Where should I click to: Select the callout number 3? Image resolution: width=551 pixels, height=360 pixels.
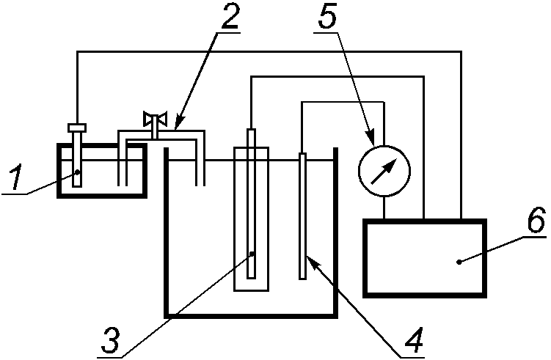[110, 340]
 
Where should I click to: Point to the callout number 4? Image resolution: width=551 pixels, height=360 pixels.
[414, 340]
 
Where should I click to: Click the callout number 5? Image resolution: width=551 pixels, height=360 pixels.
[327, 16]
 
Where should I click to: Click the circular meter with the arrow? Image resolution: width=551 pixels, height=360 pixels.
[384, 171]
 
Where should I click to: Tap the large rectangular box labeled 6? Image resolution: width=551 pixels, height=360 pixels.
[425, 258]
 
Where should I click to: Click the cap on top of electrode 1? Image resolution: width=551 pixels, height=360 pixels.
[77, 128]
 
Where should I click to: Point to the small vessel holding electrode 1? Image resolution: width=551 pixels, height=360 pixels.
[102, 170]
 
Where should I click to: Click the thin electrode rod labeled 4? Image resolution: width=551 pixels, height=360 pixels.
[302, 216]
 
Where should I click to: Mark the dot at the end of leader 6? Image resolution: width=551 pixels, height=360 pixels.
[459, 262]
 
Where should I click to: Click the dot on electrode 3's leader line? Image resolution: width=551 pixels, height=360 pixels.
[252, 253]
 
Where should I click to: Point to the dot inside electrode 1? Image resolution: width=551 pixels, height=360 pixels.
[77, 172]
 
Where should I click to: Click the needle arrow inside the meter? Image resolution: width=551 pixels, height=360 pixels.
[384, 171]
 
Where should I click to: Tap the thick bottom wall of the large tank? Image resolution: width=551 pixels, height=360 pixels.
[251, 316]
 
